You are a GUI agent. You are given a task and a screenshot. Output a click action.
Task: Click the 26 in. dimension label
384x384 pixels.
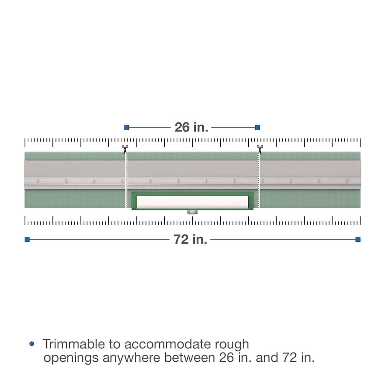[x=191, y=127]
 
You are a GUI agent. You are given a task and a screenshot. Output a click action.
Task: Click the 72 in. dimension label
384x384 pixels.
[x=190, y=239]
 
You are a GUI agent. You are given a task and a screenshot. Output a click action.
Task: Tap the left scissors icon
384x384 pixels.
[x=125, y=149]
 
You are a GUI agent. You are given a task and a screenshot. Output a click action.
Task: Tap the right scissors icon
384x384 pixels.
[x=260, y=149]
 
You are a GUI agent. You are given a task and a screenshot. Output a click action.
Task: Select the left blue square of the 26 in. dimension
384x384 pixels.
[x=127, y=127]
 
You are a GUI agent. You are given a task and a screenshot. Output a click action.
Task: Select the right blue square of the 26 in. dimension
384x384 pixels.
[x=257, y=127]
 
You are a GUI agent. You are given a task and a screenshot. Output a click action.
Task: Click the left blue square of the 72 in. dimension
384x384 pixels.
[x=27, y=239]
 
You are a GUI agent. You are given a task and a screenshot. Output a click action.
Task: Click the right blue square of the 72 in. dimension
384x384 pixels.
[x=358, y=239]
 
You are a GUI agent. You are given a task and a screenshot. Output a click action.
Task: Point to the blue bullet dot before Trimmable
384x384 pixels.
[x=32, y=344]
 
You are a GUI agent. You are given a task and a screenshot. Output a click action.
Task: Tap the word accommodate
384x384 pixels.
[x=168, y=344]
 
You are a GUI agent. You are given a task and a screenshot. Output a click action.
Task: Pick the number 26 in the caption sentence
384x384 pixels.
[x=227, y=358]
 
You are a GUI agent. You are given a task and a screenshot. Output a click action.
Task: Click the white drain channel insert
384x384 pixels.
[x=192, y=202]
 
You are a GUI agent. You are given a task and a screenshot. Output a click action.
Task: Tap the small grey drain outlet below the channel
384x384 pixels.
[x=192, y=212]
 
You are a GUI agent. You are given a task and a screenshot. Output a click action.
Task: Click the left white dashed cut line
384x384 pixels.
[x=126, y=181]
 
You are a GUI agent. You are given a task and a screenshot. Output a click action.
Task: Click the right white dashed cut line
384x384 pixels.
[x=259, y=181]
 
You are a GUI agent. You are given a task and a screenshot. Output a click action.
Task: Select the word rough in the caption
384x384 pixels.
[x=232, y=344]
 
